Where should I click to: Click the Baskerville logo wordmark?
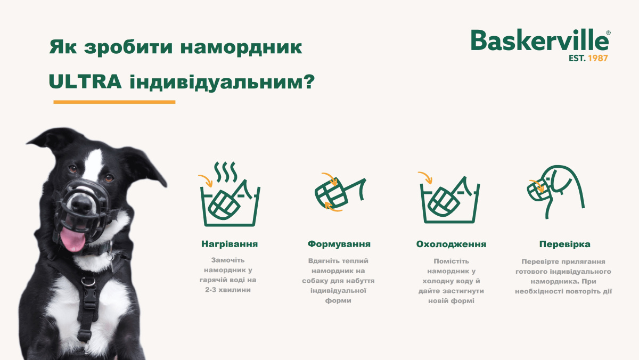[538, 40]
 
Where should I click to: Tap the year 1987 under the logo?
[597, 58]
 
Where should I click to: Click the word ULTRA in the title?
[84, 82]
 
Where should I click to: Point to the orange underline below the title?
[114, 102]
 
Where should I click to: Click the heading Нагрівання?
[230, 244]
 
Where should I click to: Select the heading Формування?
[339, 244]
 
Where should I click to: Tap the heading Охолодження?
[451, 244]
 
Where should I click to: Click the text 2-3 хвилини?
[230, 290]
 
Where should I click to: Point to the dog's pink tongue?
[73, 240]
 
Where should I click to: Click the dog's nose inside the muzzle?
[81, 202]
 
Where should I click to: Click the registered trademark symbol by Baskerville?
[608, 32]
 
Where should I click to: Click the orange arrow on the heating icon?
[206, 181]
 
